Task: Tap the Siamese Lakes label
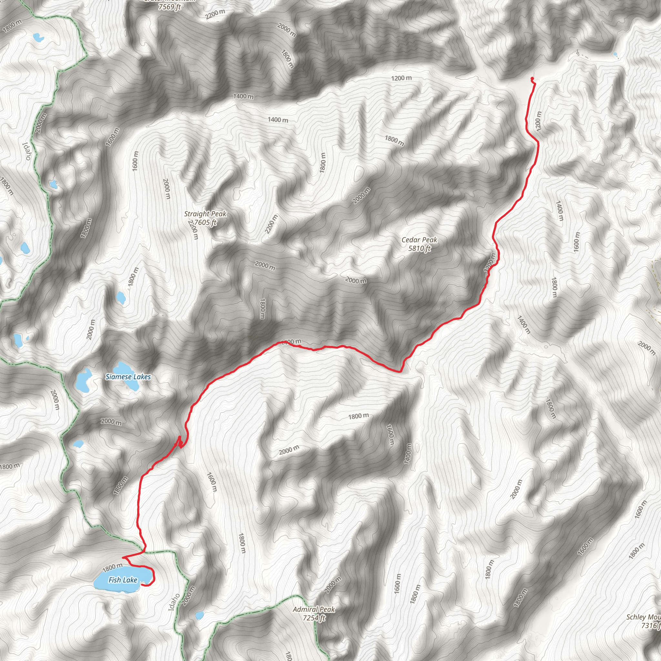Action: [128, 377]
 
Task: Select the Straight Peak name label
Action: [205, 214]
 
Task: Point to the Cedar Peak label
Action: [419, 240]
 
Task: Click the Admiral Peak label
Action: [314, 609]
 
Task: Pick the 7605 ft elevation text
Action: [205, 222]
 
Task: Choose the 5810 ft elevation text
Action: [419, 249]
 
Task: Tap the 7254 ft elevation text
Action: [314, 618]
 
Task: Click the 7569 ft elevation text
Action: [169, 7]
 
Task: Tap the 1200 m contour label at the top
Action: [401, 78]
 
